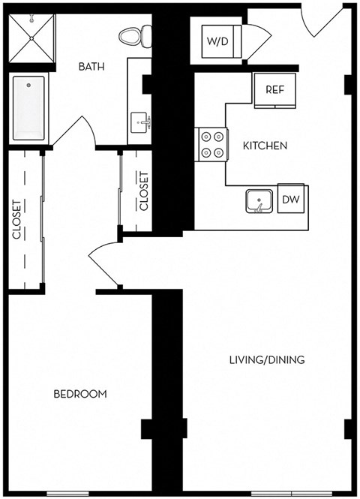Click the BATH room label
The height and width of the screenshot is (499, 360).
click(x=91, y=66)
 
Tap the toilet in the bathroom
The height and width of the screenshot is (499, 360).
click(x=134, y=35)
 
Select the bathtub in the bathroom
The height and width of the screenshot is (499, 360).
click(x=28, y=110)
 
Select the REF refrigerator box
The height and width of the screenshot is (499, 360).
click(x=274, y=90)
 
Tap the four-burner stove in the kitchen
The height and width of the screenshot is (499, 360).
click(x=212, y=144)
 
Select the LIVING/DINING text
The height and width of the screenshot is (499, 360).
click(x=267, y=360)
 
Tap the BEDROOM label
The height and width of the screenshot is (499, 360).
click(x=79, y=393)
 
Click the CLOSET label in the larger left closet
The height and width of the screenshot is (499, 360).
click(x=16, y=219)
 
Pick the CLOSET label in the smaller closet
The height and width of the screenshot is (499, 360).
click(x=144, y=191)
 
